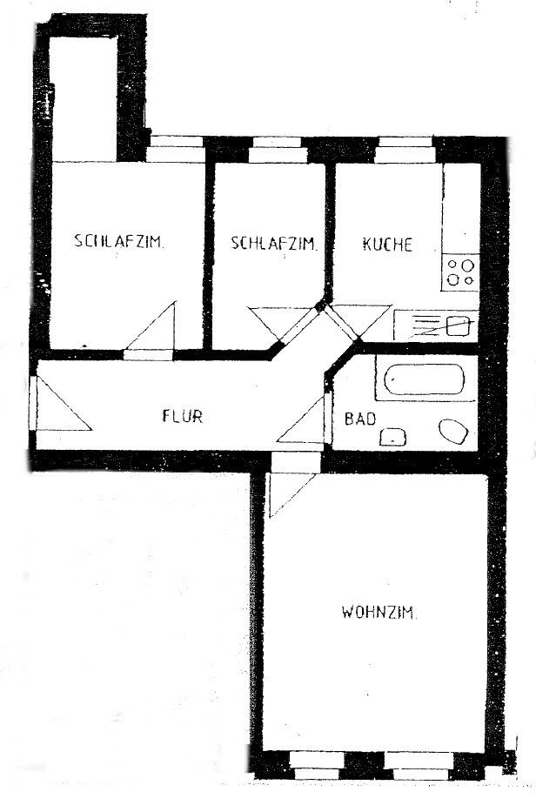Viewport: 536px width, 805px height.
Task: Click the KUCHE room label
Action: (x=387, y=245)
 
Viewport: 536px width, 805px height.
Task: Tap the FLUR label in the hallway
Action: (x=183, y=415)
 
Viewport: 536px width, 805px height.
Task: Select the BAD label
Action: (x=360, y=419)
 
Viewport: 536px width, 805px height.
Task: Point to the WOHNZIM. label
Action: (x=379, y=613)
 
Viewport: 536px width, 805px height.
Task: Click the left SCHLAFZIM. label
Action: (x=119, y=241)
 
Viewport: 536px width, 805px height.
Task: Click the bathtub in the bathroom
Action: (x=425, y=379)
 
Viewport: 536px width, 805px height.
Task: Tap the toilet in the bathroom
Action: (x=453, y=433)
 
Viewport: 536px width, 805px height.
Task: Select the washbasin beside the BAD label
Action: (x=392, y=437)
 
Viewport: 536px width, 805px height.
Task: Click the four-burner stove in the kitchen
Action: (x=460, y=272)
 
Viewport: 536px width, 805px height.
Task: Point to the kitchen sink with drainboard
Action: (x=436, y=325)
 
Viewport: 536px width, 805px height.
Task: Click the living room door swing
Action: (x=292, y=494)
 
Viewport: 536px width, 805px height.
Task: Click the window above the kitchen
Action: (x=405, y=150)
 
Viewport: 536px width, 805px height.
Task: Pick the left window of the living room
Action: (x=318, y=766)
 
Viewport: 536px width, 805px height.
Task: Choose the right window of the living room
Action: (x=419, y=766)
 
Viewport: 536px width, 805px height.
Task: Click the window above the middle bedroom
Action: (x=278, y=150)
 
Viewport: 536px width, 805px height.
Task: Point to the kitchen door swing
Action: (x=359, y=322)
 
